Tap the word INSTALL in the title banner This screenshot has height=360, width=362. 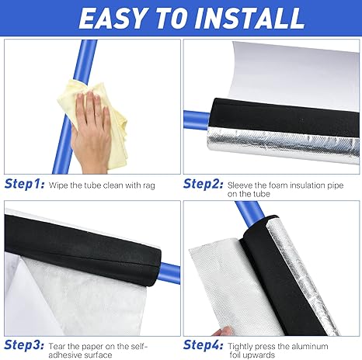pos(249,19)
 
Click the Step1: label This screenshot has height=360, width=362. pos(24,184)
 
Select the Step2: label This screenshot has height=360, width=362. pos(203,184)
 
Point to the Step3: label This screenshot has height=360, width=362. pos(24,345)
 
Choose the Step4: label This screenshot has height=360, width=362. pos(203,345)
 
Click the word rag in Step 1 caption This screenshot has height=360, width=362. pos(148,186)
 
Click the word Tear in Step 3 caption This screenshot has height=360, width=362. pos(57,346)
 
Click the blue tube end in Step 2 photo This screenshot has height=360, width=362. pos(197,120)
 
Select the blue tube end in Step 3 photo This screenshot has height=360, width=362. pos(169,273)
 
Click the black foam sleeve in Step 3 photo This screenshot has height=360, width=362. pos(83,251)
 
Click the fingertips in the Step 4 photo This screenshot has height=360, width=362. pos(223,331)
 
